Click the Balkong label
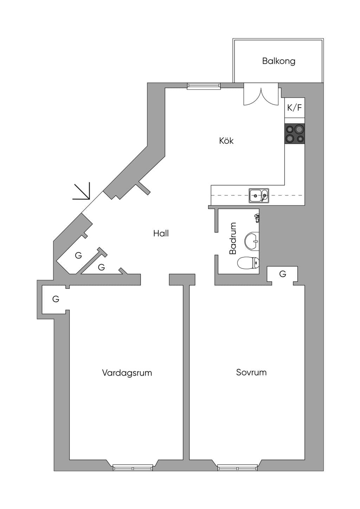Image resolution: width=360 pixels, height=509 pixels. coord(279,61)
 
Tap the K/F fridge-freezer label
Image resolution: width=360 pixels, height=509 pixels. coord(295,108)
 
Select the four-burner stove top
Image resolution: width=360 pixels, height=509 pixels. coord(295,134)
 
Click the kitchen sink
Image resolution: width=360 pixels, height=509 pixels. coord(259,195)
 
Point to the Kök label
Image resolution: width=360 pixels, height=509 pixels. coord(226,141)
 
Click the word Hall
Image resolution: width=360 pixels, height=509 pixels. coord(161,233)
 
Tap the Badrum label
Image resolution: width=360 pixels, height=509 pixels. coord(233,238)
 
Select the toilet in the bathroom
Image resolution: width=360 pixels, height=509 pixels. coord(248,263)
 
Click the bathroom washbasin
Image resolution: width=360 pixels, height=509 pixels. coord(252,241)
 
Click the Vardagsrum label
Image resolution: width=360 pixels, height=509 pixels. coord(127,373)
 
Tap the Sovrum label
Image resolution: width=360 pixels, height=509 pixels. coord(251,372)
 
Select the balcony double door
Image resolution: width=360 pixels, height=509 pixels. coord(261,94)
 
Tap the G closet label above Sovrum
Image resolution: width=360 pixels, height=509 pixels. coord(283,274)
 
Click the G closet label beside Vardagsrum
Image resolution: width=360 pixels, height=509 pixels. coord(56,299)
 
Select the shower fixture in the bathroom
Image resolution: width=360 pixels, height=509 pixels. coord(257,218)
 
